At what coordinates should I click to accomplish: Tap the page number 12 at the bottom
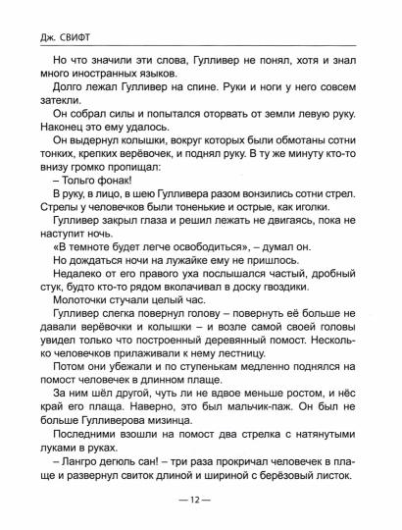tap(201, 503)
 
